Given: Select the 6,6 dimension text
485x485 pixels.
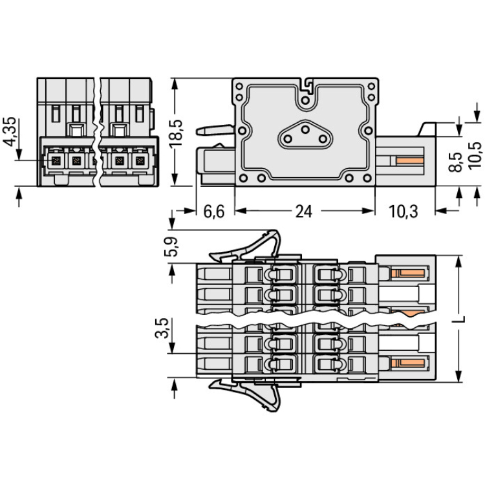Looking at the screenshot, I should (x=213, y=211).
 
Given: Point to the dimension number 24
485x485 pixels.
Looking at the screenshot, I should (x=303, y=211).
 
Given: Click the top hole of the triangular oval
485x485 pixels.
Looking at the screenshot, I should (x=304, y=129).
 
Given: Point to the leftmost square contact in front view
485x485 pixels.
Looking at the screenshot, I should (x=56, y=159).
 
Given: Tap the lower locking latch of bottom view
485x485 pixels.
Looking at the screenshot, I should (x=249, y=391).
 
